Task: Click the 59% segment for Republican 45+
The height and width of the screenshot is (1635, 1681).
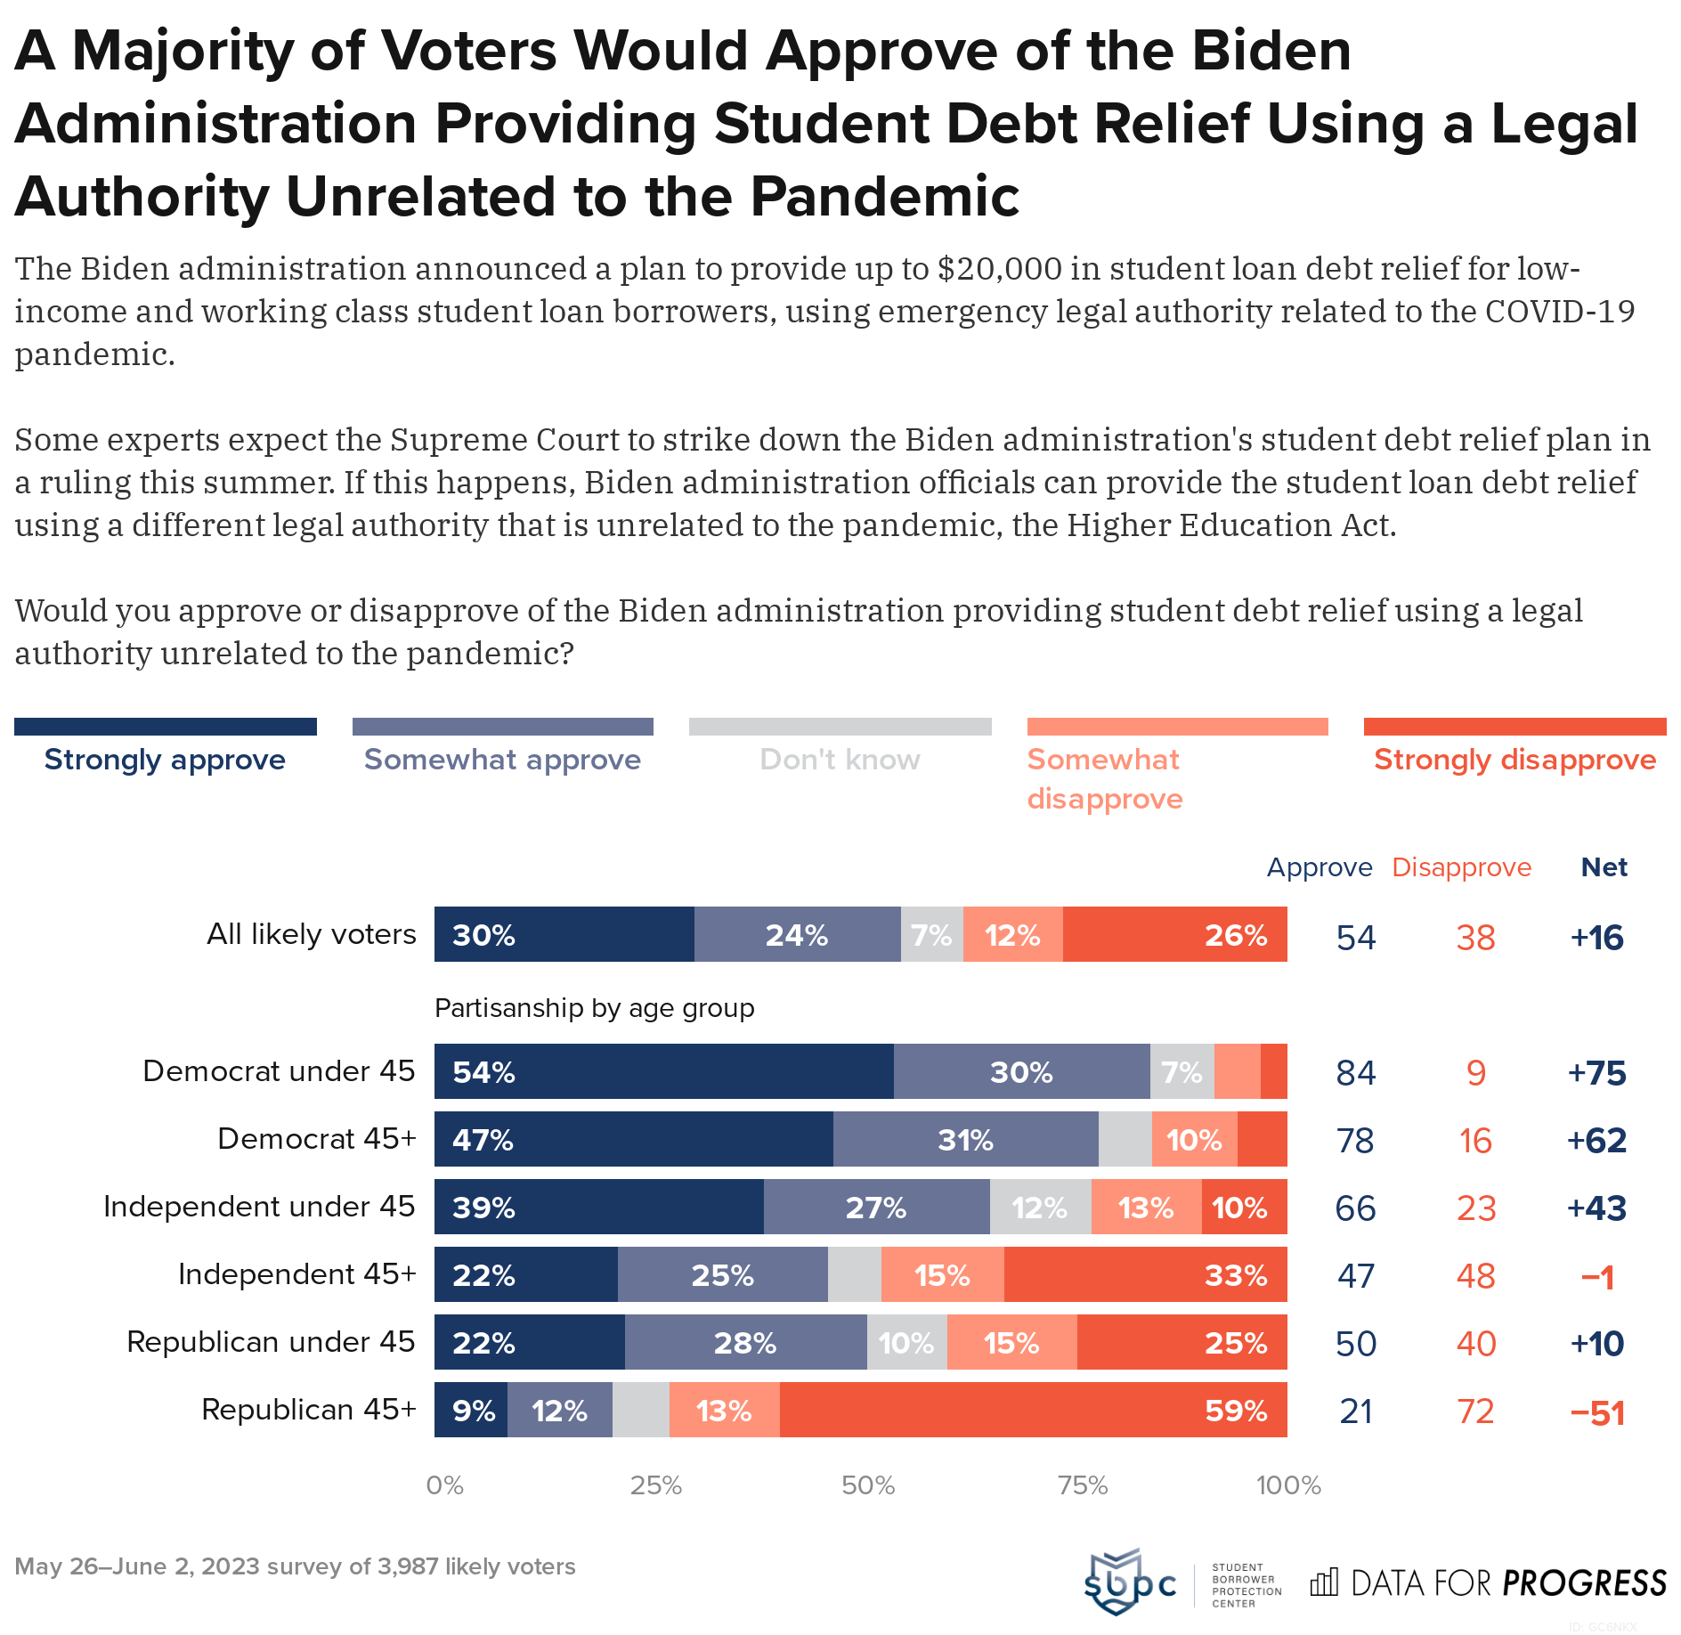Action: coord(1033,1410)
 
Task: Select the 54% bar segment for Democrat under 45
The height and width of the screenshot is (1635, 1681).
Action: coord(663,1071)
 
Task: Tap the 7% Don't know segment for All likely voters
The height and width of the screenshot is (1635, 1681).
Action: coord(931,935)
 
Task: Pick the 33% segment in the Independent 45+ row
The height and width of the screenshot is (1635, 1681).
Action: coord(1145,1274)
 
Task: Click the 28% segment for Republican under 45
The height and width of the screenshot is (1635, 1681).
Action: coord(745,1342)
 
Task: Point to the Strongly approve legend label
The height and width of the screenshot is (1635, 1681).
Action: coord(165,760)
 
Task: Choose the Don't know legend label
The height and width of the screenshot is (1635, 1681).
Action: coord(840,760)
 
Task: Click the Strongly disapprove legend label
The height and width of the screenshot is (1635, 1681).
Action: coord(1515,760)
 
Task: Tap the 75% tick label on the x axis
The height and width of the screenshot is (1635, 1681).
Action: coord(1083,1485)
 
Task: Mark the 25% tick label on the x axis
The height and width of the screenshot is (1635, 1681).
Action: coord(656,1485)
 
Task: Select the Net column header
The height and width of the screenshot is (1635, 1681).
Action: coord(1604,867)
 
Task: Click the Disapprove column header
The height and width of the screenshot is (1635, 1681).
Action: coord(1461,867)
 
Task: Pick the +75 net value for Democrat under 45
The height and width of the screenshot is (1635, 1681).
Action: coord(1597,1073)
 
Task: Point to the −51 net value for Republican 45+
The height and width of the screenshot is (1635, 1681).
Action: coord(1597,1412)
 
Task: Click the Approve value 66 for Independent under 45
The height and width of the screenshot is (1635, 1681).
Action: coord(1355,1208)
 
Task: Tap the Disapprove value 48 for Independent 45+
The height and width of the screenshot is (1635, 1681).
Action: coord(1475,1276)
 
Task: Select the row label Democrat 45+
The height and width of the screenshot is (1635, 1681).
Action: coord(316,1139)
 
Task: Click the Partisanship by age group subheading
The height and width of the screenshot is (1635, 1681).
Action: coord(594,1008)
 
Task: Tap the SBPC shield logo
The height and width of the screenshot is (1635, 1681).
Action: coord(1115,1581)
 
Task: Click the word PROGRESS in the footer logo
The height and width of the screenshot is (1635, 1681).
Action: coord(1584,1582)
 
